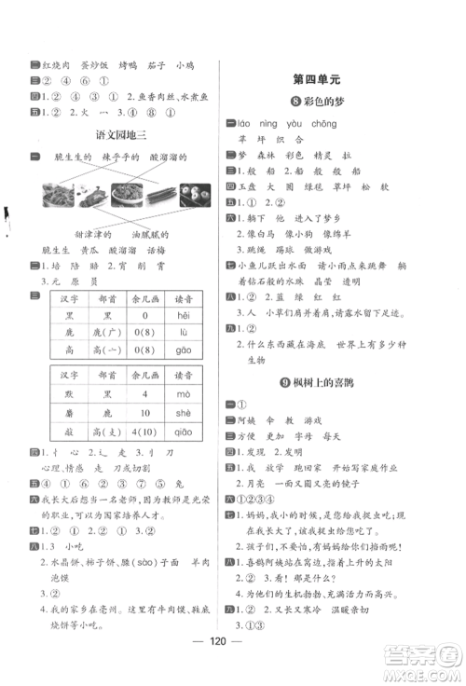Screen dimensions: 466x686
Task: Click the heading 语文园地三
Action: tap(122, 135)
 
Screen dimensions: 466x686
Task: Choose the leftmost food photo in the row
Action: tap(58, 194)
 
